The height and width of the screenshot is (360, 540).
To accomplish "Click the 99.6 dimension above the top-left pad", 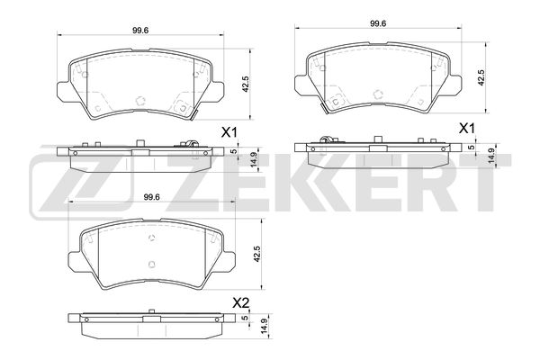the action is pos(140,31).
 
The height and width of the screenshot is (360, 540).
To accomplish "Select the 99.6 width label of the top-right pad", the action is pos(378,23).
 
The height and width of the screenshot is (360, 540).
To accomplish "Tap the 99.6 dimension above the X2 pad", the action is pos(152,197).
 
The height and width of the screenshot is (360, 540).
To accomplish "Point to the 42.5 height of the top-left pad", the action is pos(245,84).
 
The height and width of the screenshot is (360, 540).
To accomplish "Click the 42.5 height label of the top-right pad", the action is pos(481,77).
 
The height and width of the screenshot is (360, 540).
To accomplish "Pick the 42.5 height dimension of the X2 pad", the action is pos(256,254).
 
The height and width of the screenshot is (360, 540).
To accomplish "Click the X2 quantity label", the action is pos(240,303).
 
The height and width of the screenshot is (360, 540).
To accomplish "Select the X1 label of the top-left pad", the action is pos(229,132).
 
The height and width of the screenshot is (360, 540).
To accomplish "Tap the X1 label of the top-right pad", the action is pos(467,129).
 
